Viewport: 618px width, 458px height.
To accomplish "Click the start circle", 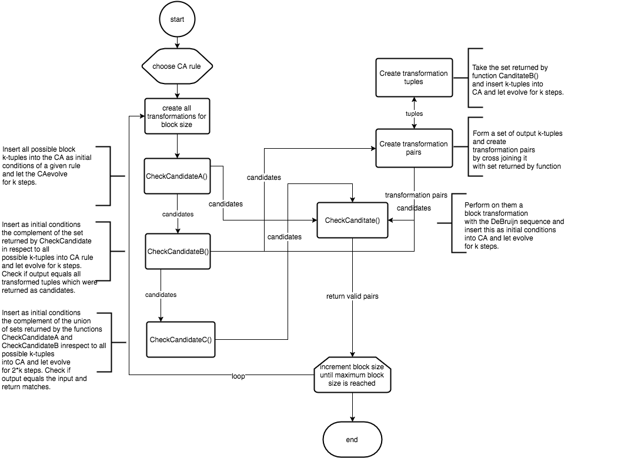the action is pyautogui.click(x=177, y=19).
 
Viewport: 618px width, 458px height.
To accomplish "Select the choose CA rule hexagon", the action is pyautogui.click(x=177, y=66).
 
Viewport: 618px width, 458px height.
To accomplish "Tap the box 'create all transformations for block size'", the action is pyautogui.click(x=177, y=116).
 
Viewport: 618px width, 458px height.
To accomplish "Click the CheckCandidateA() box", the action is pyautogui.click(x=177, y=176).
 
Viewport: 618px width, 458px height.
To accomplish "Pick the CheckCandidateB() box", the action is pyautogui.click(x=178, y=252).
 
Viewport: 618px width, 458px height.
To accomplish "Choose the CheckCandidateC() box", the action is pyautogui.click(x=181, y=340).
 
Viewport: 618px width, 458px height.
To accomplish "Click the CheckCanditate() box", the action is pyautogui.click(x=352, y=220).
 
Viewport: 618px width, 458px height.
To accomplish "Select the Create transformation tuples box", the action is pyautogui.click(x=414, y=78).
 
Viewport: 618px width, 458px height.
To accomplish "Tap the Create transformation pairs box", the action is pyautogui.click(x=414, y=148).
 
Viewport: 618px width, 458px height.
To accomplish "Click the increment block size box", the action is pyautogui.click(x=352, y=375).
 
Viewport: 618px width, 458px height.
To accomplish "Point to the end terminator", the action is pyautogui.click(x=352, y=439).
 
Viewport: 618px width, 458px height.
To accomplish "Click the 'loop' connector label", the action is pyautogui.click(x=238, y=376).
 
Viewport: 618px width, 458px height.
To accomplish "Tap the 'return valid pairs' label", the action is pyautogui.click(x=352, y=296).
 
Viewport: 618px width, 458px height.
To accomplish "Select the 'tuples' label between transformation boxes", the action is pyautogui.click(x=414, y=113).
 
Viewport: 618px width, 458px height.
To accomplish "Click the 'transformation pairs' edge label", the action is pyautogui.click(x=416, y=195).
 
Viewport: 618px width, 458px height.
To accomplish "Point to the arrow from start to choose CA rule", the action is pyautogui.click(x=177, y=43).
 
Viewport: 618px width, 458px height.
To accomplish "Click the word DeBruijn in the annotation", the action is pyautogui.click(x=504, y=222).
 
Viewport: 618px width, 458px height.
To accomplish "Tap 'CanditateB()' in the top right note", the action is pyautogui.click(x=519, y=76).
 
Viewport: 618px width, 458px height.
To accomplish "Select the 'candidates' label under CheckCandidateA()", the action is pyautogui.click(x=178, y=214).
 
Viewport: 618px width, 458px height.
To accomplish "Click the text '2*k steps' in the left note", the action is pyautogui.click(x=28, y=370).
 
